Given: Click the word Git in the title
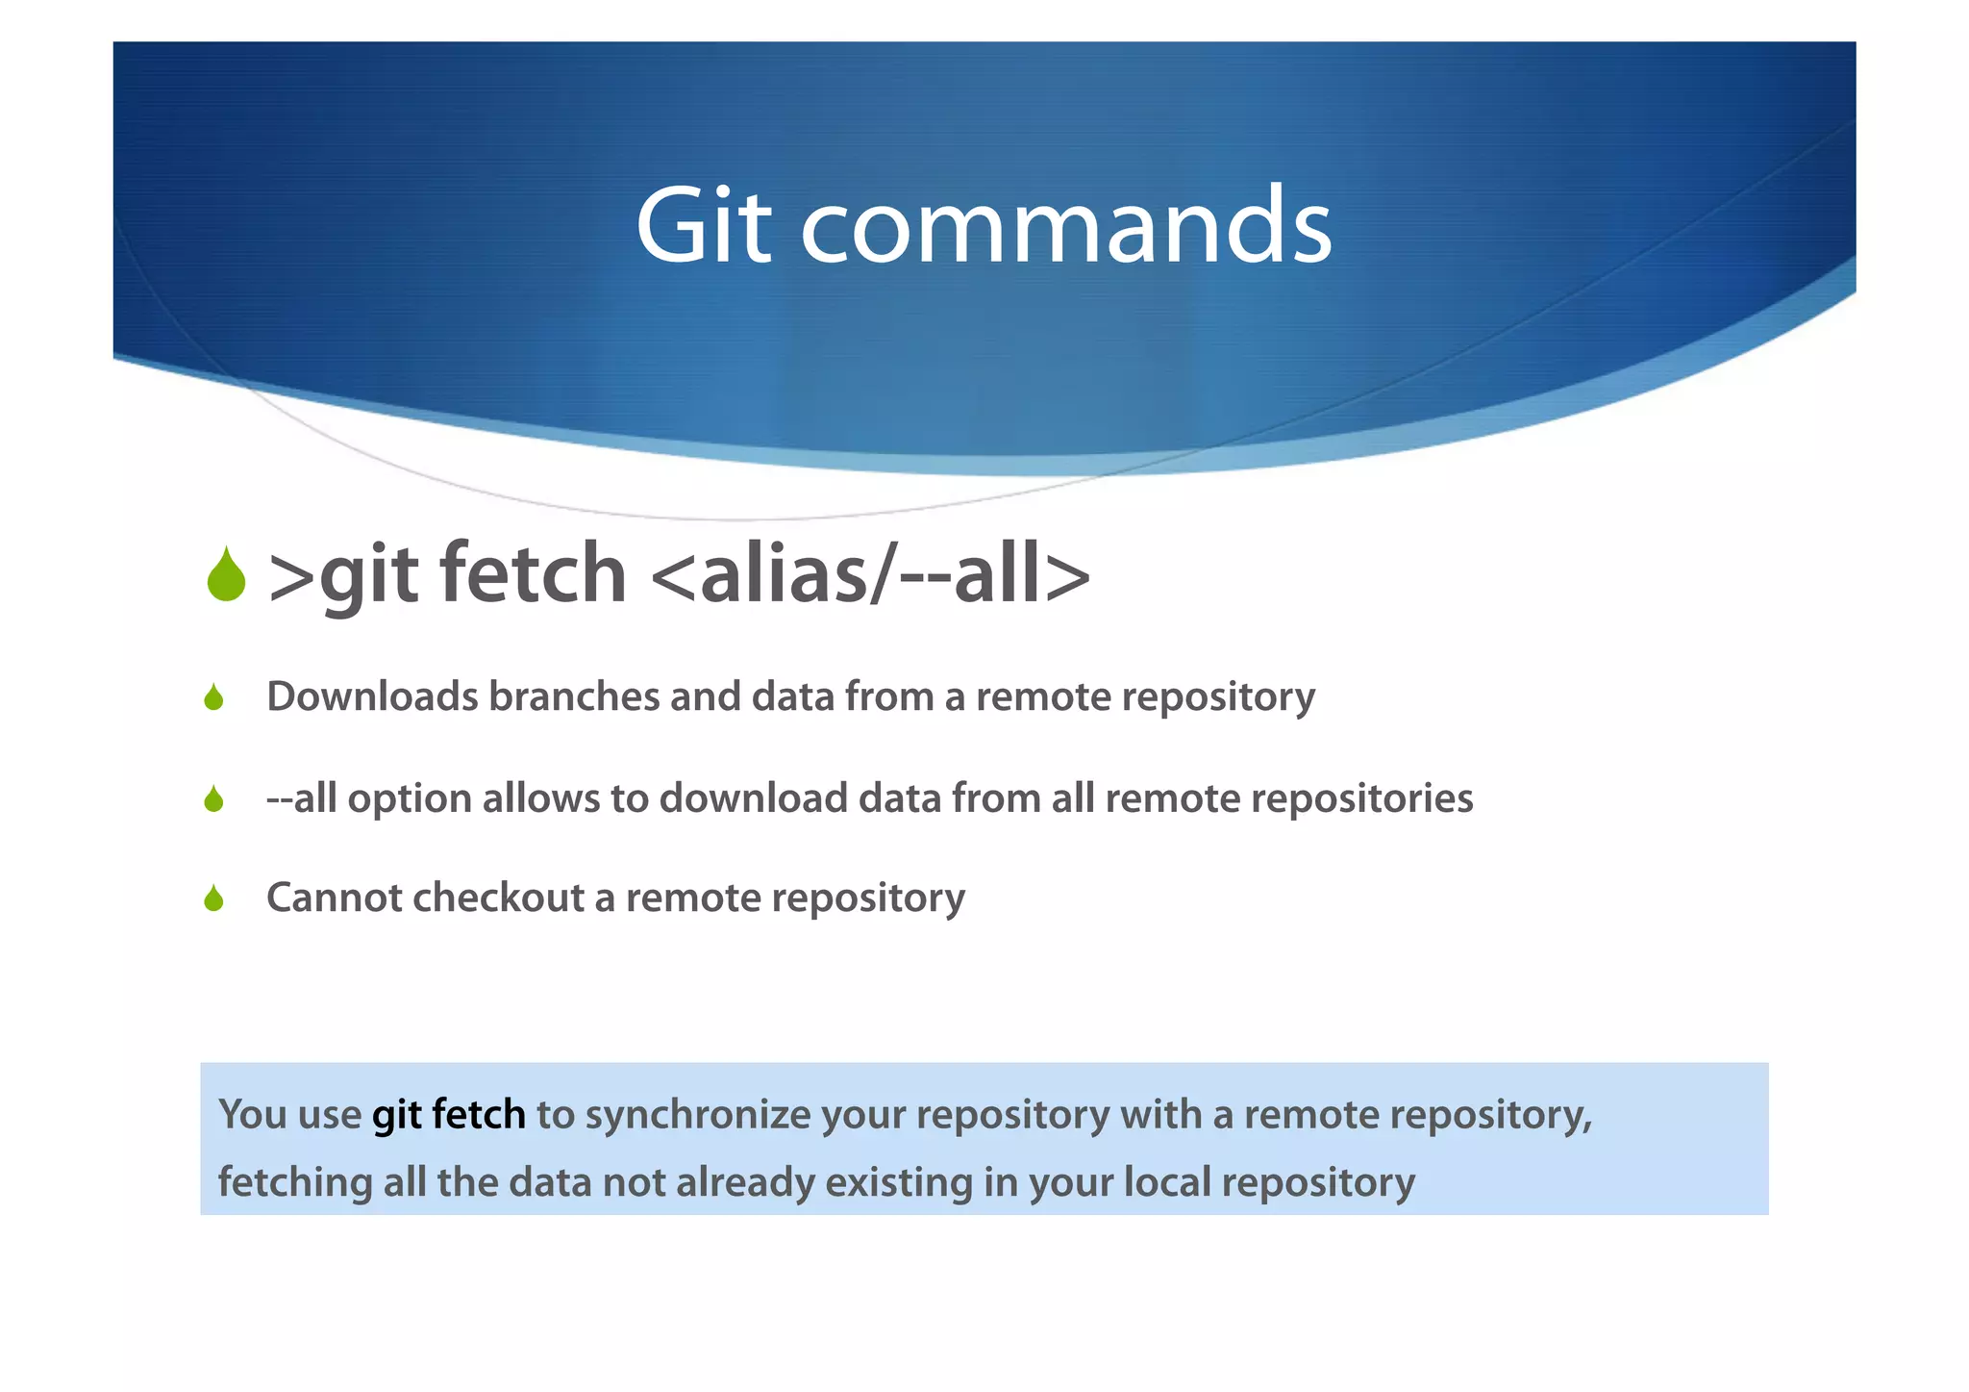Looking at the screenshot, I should [x=703, y=226].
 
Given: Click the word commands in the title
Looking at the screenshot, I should [x=1066, y=226].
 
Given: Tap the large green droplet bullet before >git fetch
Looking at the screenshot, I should [x=226, y=575].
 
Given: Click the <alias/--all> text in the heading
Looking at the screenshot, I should [x=870, y=575].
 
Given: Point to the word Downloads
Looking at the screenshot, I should [x=371, y=696].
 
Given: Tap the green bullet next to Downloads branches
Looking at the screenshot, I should [x=213, y=697].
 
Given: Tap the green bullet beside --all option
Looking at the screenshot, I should [x=213, y=799].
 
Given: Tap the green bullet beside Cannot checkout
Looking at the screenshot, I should [x=213, y=899].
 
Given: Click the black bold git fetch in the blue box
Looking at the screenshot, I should [x=448, y=1115].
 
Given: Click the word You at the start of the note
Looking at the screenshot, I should [x=252, y=1115].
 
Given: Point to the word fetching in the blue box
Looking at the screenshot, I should [x=294, y=1182].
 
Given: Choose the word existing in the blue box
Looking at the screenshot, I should [x=898, y=1182].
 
